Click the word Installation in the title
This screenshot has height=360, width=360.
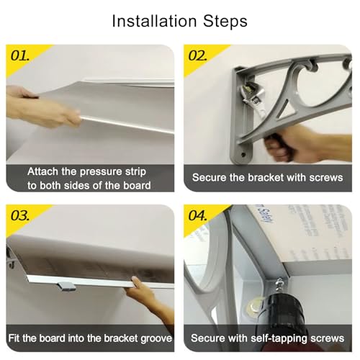pos(155,21)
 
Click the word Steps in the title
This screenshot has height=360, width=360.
pos(225,22)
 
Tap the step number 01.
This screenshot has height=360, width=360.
pos(20,56)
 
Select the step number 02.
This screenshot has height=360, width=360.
pos(197,56)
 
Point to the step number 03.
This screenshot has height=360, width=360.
pos(20,216)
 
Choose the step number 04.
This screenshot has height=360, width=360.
pos(197,216)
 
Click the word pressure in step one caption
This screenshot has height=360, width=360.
pos(101,172)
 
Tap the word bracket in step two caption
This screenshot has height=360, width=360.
pos(266,178)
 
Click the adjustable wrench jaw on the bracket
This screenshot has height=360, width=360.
pos(251,91)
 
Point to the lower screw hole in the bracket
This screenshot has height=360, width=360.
pos(243,155)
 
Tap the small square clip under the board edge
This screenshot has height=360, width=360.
pos(67,287)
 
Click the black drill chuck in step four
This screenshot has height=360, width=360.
pos(280,310)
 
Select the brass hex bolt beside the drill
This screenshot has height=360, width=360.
pos(253,307)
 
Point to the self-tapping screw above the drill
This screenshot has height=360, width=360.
pos(279,286)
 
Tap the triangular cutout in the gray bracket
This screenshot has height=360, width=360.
pos(285,110)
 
